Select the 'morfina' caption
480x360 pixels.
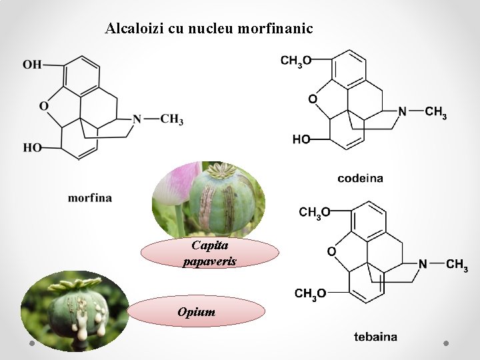(90, 197)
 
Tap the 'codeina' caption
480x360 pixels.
(360, 178)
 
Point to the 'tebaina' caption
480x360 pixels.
(375, 337)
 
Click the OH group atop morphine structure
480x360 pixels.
(32, 65)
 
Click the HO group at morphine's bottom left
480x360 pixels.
(32, 147)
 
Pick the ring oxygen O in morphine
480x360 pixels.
(44, 106)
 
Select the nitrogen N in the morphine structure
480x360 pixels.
(137, 119)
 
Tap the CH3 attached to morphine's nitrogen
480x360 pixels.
(171, 119)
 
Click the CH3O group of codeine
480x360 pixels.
(296, 61)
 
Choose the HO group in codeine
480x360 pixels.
(301, 139)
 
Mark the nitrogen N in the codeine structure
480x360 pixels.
(402, 111)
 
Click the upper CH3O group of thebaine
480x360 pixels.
(315, 212)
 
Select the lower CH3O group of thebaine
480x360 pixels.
(311, 293)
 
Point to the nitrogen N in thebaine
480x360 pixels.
(423, 264)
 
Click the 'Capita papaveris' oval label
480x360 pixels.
(210, 253)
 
